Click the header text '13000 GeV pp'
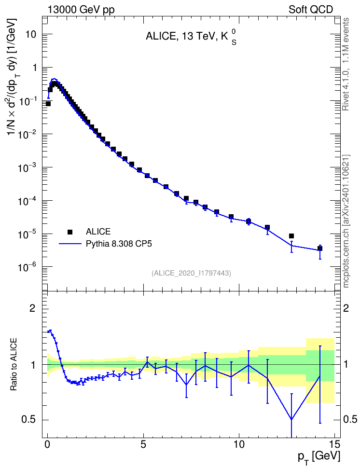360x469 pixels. pyautogui.click(x=81, y=10)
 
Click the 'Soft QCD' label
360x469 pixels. pyautogui.click(x=311, y=10)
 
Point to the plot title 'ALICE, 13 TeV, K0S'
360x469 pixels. pyautogui.click(x=191, y=37)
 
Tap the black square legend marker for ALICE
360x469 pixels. pyautogui.click(x=70, y=232)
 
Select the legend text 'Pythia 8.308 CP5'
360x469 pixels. pyautogui.click(x=119, y=244)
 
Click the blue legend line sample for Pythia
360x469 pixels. pyautogui.click(x=70, y=244)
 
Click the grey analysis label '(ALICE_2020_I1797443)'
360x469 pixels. pyautogui.click(x=191, y=273)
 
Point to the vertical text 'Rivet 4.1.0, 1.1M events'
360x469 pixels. pyautogui.click(x=346, y=64)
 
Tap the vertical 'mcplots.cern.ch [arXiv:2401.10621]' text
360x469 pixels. pyautogui.click(x=346, y=221)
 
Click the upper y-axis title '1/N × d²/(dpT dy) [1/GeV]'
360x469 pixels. pyautogui.click(x=13, y=76)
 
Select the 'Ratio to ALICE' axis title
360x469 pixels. pyautogui.click(x=14, y=364)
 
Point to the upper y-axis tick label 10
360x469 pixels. pyautogui.click(x=31, y=34)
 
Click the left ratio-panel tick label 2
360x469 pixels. pyautogui.click(x=32, y=308)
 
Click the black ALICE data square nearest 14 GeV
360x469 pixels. pyautogui.click(x=320, y=248)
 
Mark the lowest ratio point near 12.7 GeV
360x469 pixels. pyautogui.click(x=291, y=419)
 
